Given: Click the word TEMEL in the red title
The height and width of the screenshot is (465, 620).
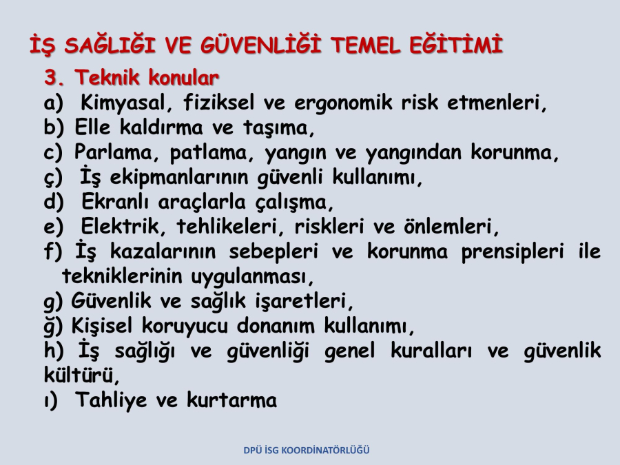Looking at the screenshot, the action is point(365,45).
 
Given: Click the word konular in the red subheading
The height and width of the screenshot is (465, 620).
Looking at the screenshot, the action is point(183,77).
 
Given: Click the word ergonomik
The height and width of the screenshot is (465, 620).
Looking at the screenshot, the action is point(343,103).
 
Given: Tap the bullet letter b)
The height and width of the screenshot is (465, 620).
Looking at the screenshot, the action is point(53,127).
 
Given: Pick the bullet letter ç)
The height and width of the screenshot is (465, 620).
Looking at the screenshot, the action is point(53,178).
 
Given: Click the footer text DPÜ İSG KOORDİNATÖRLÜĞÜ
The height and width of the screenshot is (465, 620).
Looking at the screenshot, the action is point(307,451).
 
